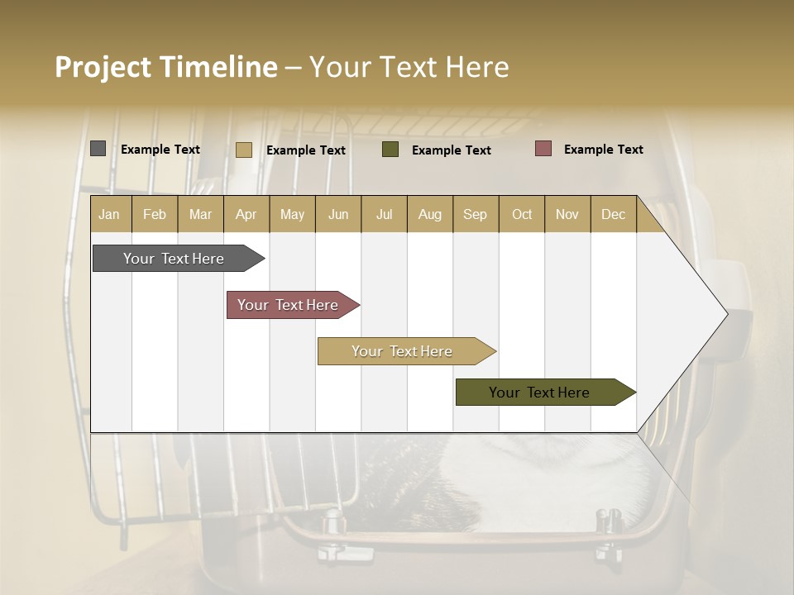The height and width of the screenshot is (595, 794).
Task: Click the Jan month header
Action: (109, 215)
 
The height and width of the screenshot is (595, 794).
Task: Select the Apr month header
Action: (246, 215)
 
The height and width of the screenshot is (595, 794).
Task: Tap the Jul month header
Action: (384, 215)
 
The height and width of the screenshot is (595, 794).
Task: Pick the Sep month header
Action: (475, 215)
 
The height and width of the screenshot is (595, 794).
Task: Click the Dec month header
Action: (613, 215)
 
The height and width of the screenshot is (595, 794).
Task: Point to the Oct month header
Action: (522, 215)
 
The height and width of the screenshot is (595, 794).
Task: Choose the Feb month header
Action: (155, 215)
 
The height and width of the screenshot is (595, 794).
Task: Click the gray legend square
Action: (98, 149)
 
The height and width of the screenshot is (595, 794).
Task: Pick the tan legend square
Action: (244, 150)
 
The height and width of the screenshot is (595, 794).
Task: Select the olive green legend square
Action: (390, 150)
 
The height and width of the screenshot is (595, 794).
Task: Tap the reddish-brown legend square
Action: (543, 149)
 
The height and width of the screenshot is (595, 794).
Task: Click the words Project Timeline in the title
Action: (165, 67)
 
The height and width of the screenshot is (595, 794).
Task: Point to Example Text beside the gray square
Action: (160, 150)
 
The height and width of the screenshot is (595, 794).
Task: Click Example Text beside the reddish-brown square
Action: (604, 150)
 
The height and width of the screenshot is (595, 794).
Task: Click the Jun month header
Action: (338, 215)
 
